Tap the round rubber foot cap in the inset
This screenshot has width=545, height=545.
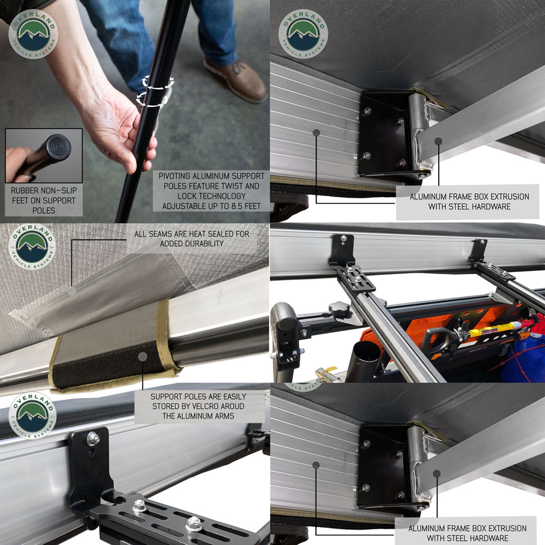tap(57, 147)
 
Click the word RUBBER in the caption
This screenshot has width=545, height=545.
tap(23, 190)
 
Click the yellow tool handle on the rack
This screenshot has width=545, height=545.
tap(496, 329)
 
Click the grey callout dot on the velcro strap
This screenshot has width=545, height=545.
tap(142, 356)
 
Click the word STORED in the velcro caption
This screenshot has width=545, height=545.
tap(164, 406)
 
